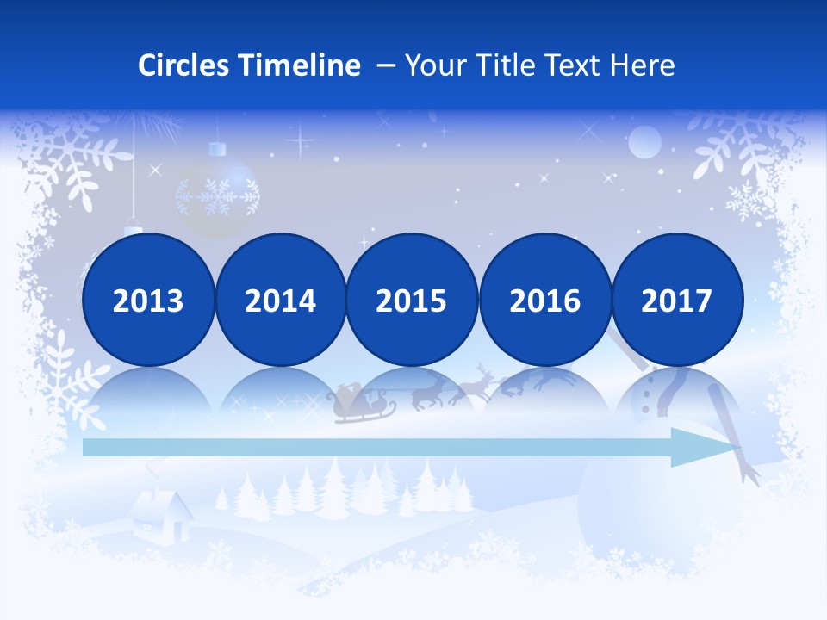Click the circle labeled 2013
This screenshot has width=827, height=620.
click(x=148, y=300)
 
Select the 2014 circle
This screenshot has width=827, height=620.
click(x=280, y=300)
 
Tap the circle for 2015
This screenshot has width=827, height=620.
click(x=412, y=300)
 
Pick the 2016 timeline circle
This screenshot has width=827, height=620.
click(x=544, y=300)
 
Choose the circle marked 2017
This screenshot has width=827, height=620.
click(x=676, y=300)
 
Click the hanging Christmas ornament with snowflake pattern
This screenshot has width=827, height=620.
click(x=217, y=196)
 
